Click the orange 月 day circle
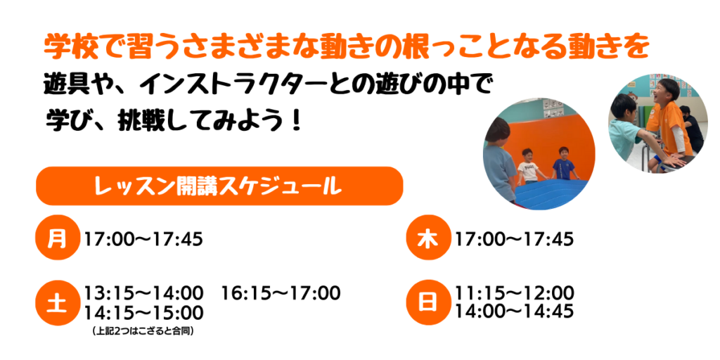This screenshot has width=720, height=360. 58,238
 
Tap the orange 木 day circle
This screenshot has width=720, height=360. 428,238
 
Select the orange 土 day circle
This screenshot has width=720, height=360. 58,303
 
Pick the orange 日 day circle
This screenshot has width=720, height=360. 428,303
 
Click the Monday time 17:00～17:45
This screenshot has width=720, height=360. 143,239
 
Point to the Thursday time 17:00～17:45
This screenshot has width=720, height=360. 514,239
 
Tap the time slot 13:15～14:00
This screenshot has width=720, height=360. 143,292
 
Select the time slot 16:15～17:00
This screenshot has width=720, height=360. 281,292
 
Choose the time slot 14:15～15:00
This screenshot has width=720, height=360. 143,313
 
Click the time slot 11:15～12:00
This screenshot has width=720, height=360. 514,292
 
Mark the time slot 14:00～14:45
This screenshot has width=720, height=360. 514,311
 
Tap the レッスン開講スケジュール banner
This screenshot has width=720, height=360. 219,186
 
